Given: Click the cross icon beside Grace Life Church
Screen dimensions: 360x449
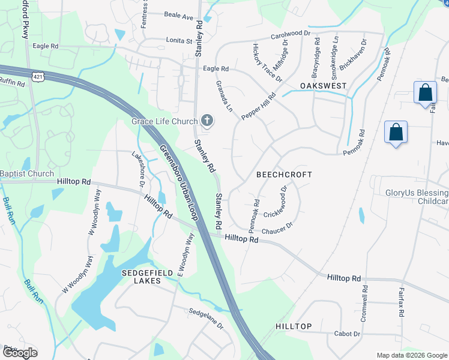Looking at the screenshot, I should tap(207, 122).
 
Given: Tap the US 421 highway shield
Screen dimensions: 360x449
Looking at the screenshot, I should tap(37, 77).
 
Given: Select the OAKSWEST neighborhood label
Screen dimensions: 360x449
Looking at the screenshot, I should tap(324, 86).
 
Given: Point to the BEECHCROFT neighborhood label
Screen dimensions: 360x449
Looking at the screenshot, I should tap(285, 175).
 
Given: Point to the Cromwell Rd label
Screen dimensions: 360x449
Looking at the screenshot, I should tap(364, 302).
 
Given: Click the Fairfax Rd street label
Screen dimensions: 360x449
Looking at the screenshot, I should tap(400, 302).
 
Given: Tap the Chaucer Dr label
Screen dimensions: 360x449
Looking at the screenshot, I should tap(277, 229).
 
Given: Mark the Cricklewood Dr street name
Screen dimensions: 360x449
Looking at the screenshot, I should tap(277, 202).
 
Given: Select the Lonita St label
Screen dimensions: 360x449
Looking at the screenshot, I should tap(178, 41).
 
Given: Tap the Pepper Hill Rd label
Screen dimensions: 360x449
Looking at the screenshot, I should tap(258, 106).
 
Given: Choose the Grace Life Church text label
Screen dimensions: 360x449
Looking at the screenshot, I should tap(165, 122).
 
